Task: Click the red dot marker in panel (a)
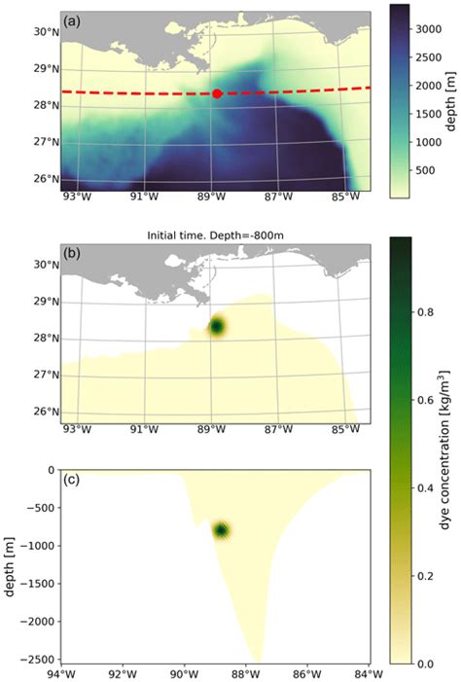click(217, 93)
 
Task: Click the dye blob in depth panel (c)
click(222, 530)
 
